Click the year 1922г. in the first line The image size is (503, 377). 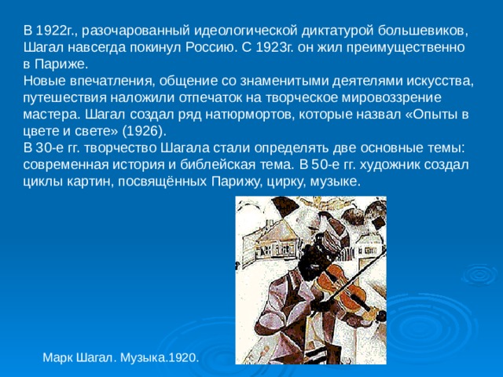point(57,31)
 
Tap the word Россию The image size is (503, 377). point(209,47)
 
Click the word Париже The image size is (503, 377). point(61,64)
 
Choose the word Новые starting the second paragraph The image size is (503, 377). point(43,81)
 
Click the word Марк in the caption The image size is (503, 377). point(57,357)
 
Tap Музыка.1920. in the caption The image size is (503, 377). point(160,357)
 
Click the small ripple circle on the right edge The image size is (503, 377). point(480,274)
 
